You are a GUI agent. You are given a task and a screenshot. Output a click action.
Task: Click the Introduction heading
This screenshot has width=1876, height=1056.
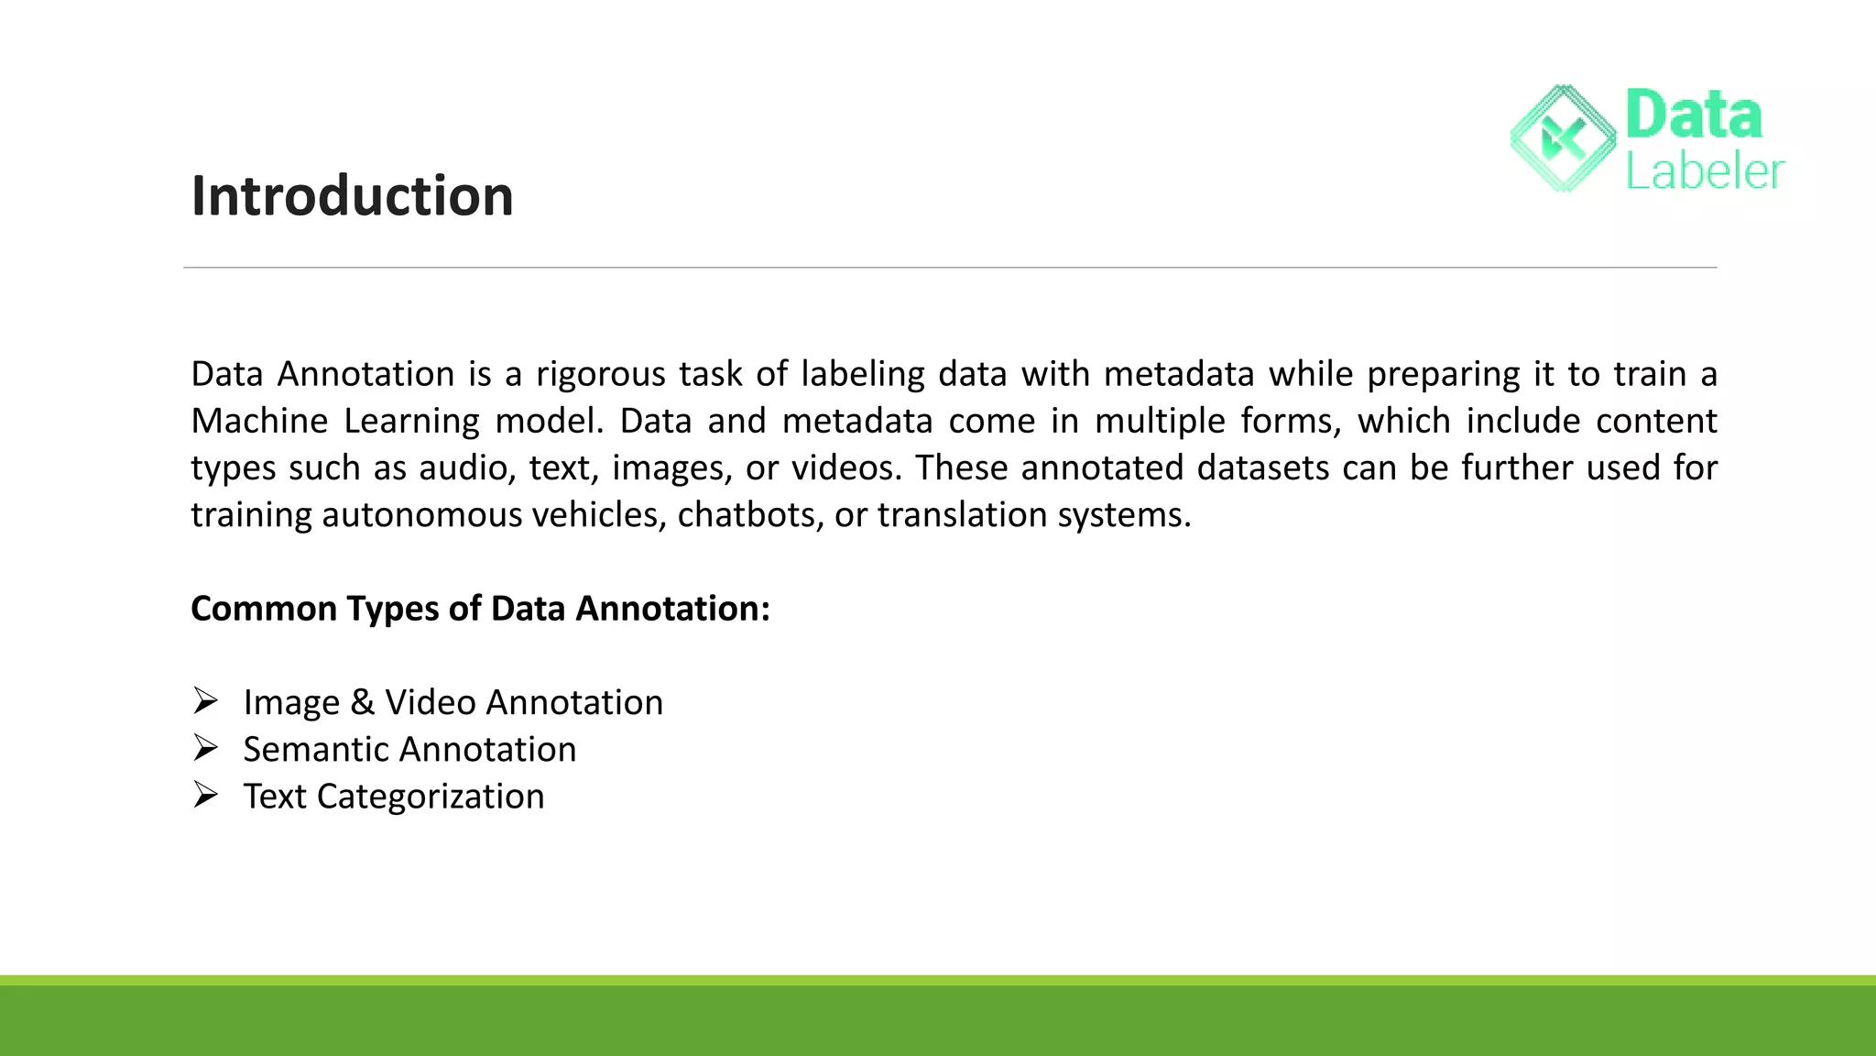(x=352, y=196)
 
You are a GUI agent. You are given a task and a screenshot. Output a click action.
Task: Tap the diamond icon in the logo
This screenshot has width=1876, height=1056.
(x=1563, y=139)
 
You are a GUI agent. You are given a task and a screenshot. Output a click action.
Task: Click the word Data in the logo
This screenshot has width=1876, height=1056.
(x=1693, y=115)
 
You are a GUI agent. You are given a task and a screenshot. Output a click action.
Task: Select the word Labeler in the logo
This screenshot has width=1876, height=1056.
(x=1705, y=171)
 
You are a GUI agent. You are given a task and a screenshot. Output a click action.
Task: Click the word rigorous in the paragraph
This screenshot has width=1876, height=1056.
(x=600, y=375)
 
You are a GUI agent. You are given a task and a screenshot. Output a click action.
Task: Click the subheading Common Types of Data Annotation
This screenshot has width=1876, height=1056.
(x=480, y=609)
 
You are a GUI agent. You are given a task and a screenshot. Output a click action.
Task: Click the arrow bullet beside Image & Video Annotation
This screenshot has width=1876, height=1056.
(x=205, y=702)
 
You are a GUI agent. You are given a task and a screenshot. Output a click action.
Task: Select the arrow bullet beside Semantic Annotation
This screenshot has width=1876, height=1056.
(x=205, y=749)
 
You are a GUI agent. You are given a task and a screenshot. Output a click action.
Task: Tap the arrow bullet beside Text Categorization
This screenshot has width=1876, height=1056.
(x=205, y=796)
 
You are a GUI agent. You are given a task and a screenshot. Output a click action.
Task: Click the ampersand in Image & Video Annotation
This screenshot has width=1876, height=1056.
(x=362, y=703)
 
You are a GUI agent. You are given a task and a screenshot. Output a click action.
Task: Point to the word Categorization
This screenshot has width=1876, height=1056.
(x=431, y=797)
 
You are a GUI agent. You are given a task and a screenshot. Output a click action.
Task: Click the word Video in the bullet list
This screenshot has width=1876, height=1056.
(x=430, y=703)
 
